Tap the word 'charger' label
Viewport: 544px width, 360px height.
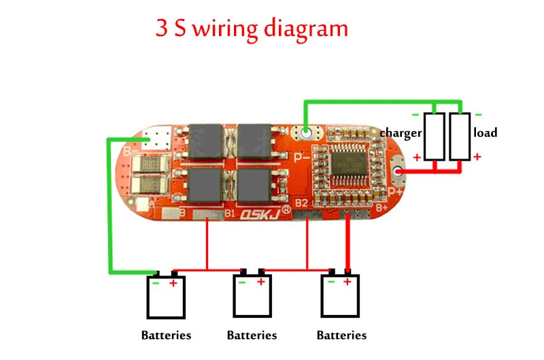tap(401, 133)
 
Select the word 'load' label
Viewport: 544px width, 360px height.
tap(486, 133)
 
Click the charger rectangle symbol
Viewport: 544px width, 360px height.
tap(434, 136)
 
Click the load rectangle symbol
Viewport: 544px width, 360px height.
tap(460, 136)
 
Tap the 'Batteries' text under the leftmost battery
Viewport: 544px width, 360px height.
tap(166, 335)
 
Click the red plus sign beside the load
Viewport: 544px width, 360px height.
tap(477, 157)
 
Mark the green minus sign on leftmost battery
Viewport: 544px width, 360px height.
tap(156, 283)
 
